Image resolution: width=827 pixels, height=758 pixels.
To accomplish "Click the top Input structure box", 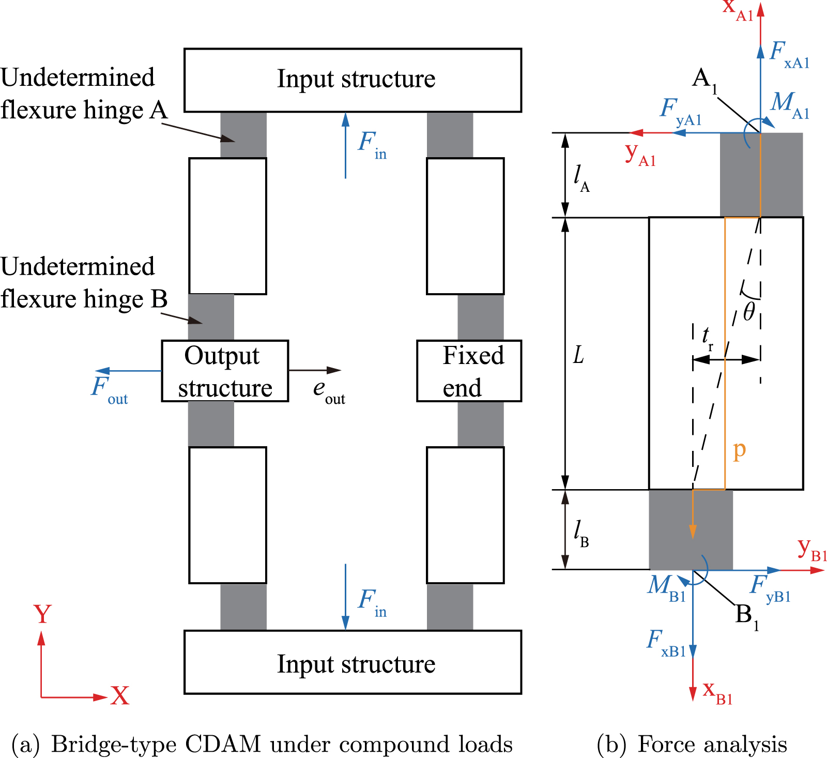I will [x=353, y=80].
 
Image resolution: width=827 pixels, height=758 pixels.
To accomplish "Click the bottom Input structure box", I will [x=353, y=662].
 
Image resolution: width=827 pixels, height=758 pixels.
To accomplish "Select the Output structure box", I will [x=225, y=371].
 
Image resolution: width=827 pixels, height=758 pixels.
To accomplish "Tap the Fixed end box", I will [x=469, y=371].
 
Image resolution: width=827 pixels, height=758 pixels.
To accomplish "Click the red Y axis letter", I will [x=42, y=615].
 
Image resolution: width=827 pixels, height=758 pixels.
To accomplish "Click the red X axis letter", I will [x=120, y=696].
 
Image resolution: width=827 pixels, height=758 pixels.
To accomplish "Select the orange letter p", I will [x=739, y=450].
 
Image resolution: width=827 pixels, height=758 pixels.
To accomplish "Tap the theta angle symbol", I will [x=749, y=312].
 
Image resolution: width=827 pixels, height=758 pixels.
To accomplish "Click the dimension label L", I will [x=578, y=355].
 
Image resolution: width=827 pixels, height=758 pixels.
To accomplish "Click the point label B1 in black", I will [x=746, y=616].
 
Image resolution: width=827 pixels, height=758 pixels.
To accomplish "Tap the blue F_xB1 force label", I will [x=665, y=643].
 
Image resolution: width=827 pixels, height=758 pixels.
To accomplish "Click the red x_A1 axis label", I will [x=738, y=9].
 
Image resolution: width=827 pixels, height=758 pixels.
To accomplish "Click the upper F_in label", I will [x=372, y=144].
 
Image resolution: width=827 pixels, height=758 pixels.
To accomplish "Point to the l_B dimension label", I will [x=581, y=533].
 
